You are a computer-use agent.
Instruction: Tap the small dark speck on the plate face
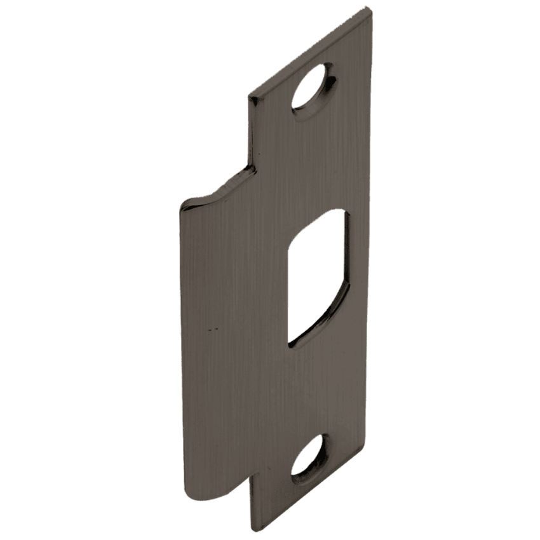213,329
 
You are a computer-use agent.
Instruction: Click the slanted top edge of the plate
311,51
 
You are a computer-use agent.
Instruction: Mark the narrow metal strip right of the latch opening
359,280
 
